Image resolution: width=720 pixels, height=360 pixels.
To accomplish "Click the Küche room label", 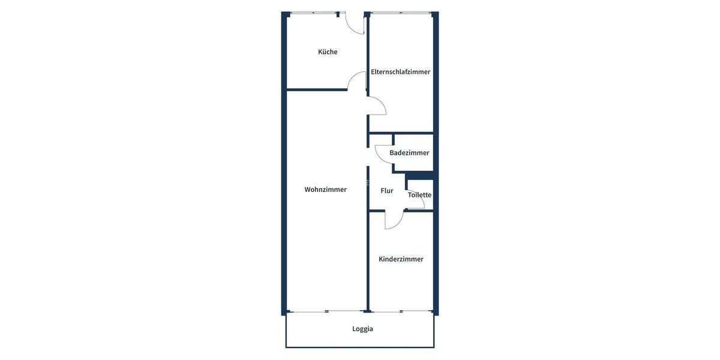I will (328, 52).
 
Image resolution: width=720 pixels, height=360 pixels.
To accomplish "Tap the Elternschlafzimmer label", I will (400, 72).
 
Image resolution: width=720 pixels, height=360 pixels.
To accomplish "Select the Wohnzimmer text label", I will (325, 190).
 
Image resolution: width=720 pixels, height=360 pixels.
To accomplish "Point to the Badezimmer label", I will (409, 153).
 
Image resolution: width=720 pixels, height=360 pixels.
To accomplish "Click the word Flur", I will (387, 191).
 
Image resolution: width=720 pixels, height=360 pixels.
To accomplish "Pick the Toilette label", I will (419, 195).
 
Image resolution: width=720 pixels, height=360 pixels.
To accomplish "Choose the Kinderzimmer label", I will (401, 259).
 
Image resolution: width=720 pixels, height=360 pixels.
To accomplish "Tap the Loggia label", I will (362, 329).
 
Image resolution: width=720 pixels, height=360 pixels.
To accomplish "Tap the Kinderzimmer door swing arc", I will (394, 221).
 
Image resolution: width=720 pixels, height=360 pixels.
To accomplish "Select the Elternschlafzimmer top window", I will (401, 13).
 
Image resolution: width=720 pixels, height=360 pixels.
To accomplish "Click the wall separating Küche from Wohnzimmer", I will (317, 90).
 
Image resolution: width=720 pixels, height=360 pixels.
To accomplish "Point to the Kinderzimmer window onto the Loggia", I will (401, 311).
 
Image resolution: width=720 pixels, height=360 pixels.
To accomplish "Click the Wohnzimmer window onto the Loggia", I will (326, 311).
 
